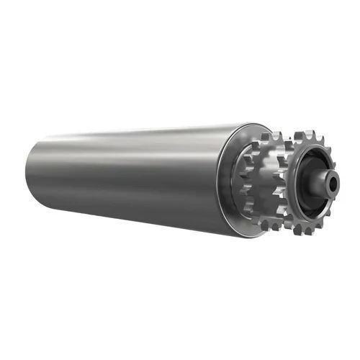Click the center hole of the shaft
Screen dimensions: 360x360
click(331, 184)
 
